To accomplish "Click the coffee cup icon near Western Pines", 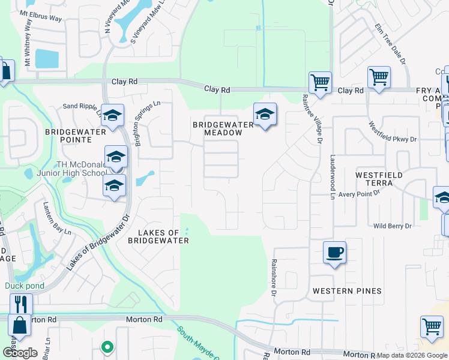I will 334,253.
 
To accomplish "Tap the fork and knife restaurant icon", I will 20,304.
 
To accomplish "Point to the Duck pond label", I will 25,286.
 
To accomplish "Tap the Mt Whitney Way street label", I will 28,45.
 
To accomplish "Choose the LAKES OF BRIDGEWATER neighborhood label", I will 158,236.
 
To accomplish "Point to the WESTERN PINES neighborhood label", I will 347,291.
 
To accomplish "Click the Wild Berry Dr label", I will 393,226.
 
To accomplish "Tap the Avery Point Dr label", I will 360,193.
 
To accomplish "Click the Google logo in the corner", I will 20,353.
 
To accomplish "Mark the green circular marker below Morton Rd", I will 107,346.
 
